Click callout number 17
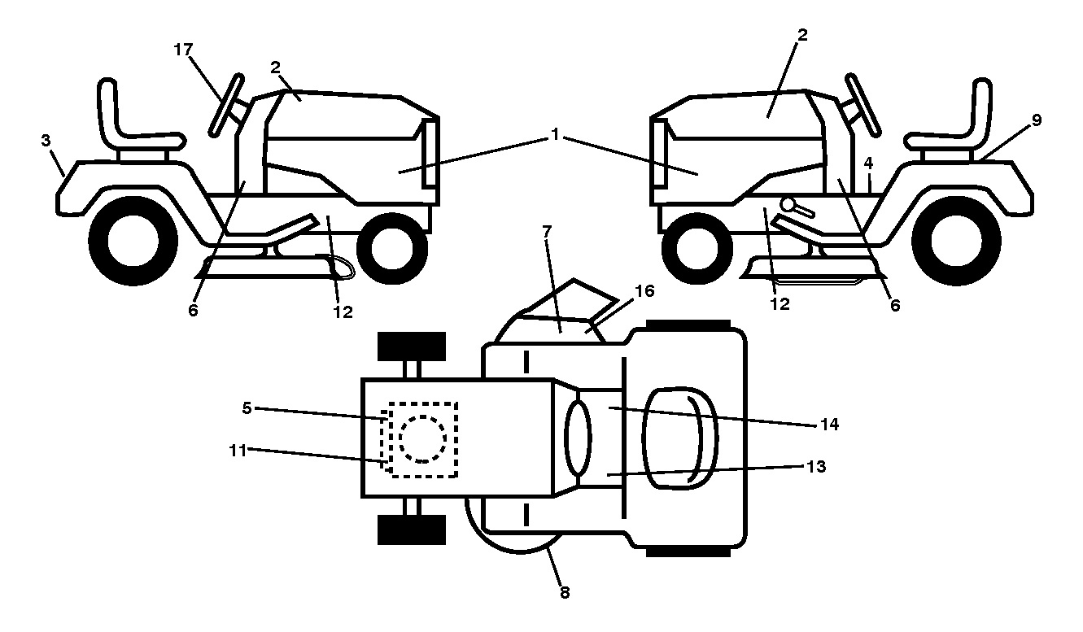[x=183, y=50]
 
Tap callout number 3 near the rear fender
[x=46, y=141]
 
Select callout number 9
[x=1036, y=120]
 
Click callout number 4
[x=868, y=163]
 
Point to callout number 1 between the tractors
[x=555, y=134]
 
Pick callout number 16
[x=644, y=291]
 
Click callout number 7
[x=547, y=233]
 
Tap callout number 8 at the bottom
[x=565, y=592]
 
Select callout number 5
[x=247, y=408]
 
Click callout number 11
[x=238, y=451]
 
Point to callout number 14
[x=830, y=425]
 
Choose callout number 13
[x=816, y=467]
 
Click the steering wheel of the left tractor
[x=226, y=106]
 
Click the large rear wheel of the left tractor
[x=133, y=241]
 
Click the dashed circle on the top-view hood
[x=422, y=439]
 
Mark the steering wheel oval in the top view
[x=578, y=438]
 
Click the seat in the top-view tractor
[x=679, y=438]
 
